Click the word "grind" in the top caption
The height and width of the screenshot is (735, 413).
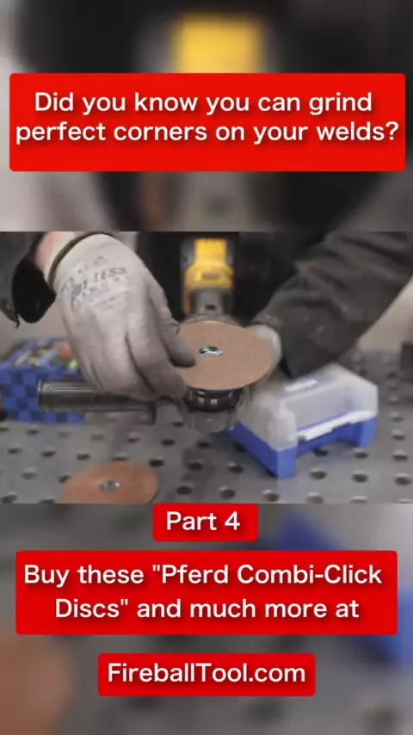pyautogui.click(x=341, y=102)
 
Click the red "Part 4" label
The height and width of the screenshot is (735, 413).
pyautogui.click(x=206, y=522)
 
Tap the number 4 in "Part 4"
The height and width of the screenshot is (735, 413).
pyautogui.click(x=232, y=522)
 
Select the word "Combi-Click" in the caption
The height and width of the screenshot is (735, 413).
pyautogui.click(x=310, y=575)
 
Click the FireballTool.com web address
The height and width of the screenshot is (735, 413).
pyautogui.click(x=206, y=674)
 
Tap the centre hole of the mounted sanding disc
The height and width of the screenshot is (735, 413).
pyautogui.click(x=211, y=350)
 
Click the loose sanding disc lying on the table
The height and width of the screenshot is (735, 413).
pyautogui.click(x=109, y=483)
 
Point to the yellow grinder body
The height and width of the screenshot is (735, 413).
pyautogui.click(x=208, y=268)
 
